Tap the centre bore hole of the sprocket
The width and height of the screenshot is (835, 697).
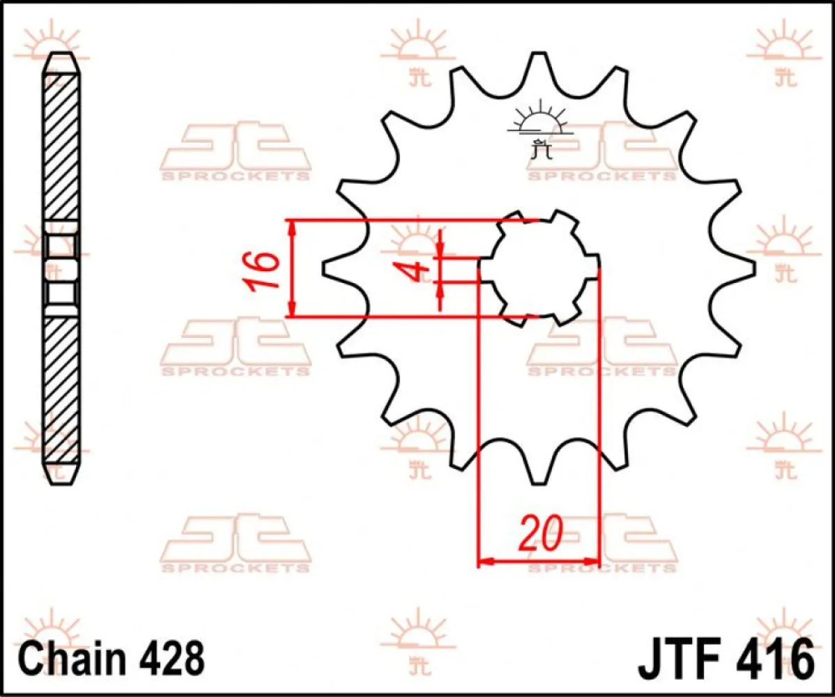click(x=537, y=268)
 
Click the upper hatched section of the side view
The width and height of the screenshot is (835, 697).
click(x=61, y=146)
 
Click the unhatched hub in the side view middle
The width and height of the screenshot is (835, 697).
click(x=61, y=268)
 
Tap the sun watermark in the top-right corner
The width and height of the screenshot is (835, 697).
click(x=781, y=52)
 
